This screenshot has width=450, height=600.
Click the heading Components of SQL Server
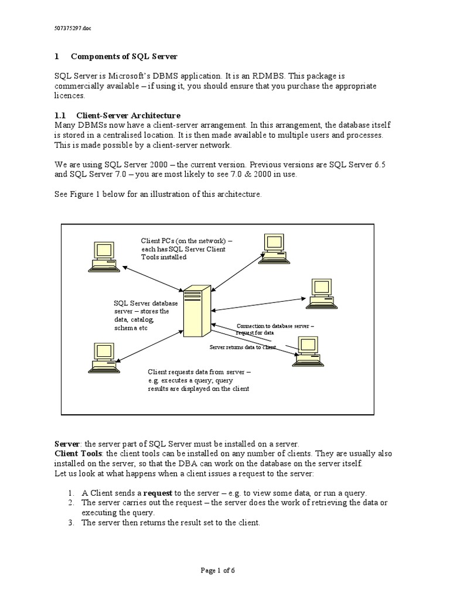tap(124, 56)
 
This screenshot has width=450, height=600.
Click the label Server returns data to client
tap(243, 347)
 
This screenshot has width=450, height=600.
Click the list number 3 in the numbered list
tap(71, 523)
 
